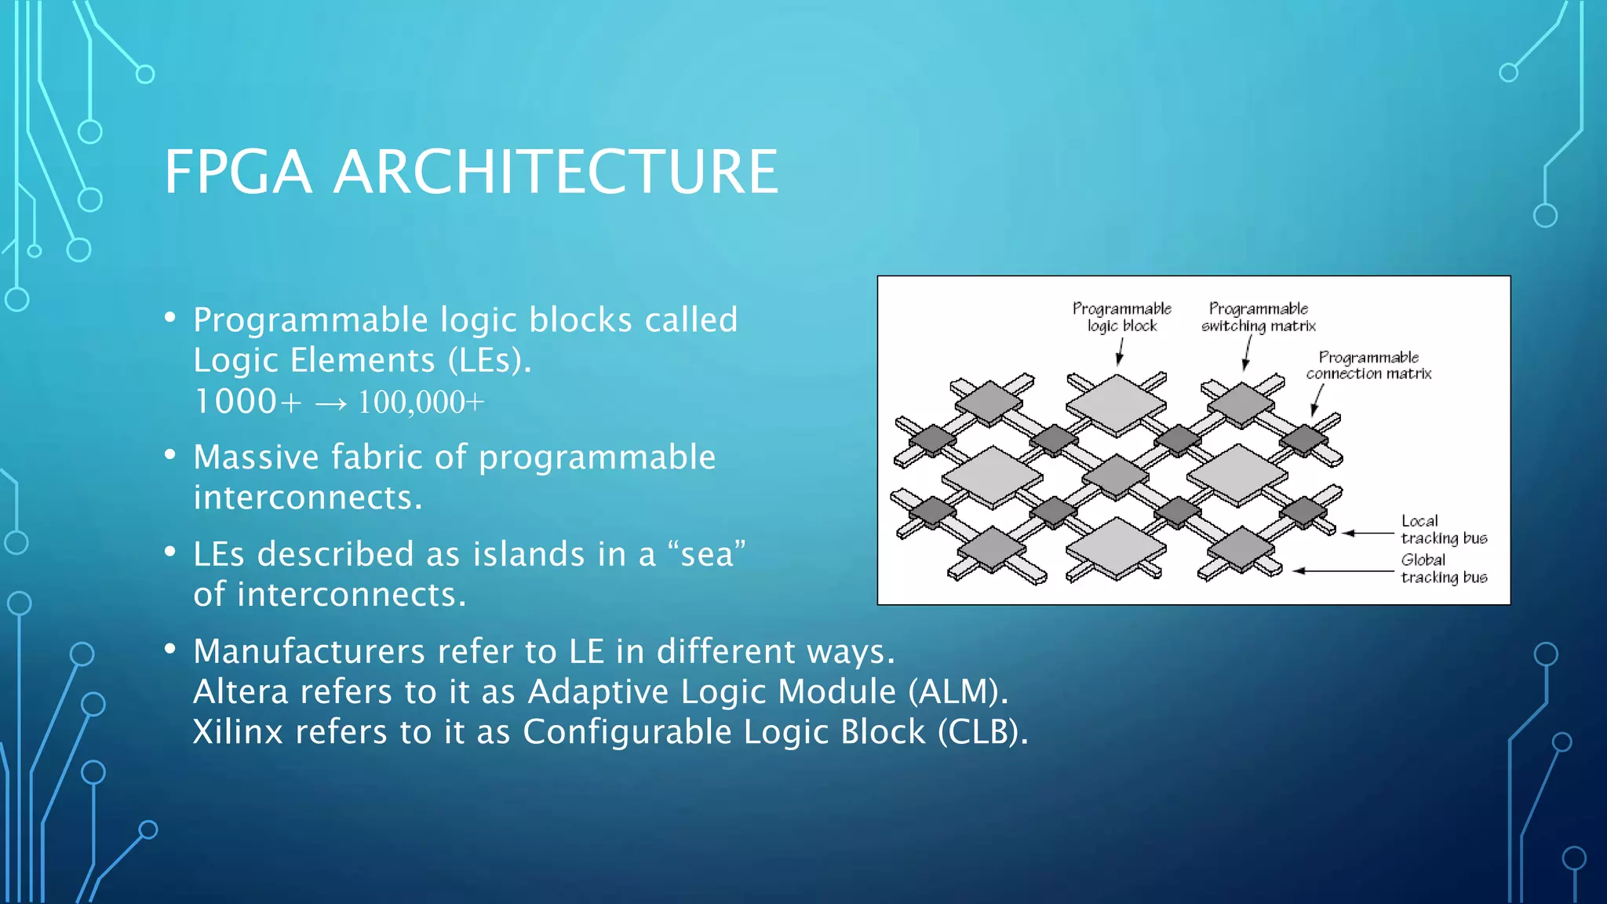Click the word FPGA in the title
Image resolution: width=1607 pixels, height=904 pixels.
[x=238, y=172]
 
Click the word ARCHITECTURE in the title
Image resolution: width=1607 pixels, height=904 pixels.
[x=556, y=172]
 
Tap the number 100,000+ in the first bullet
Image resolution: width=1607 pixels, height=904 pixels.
[x=421, y=403]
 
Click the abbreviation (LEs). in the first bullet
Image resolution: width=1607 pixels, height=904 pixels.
[x=490, y=361]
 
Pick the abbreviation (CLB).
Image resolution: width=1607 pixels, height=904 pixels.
[x=982, y=732]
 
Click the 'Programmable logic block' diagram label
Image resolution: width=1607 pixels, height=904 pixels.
[x=1122, y=317]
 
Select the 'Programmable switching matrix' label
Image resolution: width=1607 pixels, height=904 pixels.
[x=1258, y=317]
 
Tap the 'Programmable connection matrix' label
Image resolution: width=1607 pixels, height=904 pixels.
[x=1368, y=366]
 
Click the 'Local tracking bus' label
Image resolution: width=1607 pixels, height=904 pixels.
[x=1443, y=530]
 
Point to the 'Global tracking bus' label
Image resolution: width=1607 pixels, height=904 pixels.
[x=1443, y=569]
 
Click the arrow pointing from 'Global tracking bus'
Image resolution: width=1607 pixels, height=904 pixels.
[x=1342, y=570]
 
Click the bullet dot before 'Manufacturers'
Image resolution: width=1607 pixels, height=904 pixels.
[x=169, y=650]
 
